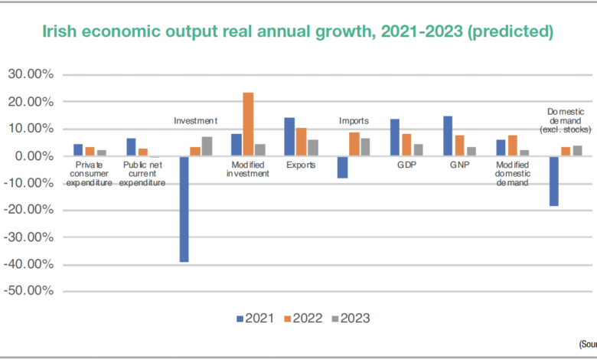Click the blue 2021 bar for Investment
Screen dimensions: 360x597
(x=184, y=209)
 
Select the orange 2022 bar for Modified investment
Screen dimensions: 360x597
(x=248, y=124)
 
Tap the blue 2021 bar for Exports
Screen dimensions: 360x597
(x=289, y=136)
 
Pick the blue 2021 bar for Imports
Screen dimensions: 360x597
(x=342, y=167)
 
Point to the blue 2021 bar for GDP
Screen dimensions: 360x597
(x=395, y=137)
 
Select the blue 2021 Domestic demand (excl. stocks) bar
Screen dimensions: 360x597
(x=554, y=181)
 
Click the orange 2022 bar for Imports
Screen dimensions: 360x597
(x=354, y=144)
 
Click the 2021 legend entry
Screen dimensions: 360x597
(x=253, y=318)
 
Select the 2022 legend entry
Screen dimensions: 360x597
(x=302, y=318)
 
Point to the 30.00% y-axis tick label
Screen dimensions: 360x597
(x=30, y=74)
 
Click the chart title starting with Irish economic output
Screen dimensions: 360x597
(x=298, y=33)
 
